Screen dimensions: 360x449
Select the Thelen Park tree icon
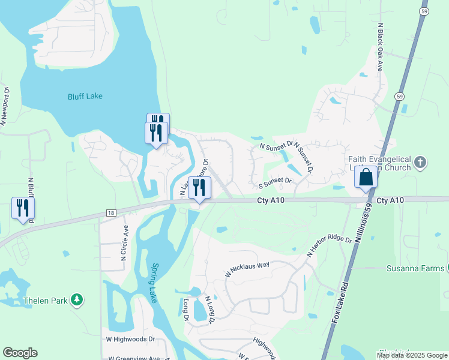[x=76, y=299]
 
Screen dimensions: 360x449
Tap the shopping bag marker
[x=366, y=178]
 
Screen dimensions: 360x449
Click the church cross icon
[x=420, y=163]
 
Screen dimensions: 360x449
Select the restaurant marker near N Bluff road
[x=23, y=208]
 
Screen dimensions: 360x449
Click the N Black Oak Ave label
[x=380, y=48]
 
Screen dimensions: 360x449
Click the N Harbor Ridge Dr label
[x=329, y=245]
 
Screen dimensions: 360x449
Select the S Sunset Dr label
[x=275, y=181]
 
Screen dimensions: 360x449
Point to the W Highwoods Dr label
[x=131, y=339]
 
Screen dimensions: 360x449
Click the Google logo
[x=20, y=353]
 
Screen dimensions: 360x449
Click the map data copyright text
[x=411, y=355]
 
